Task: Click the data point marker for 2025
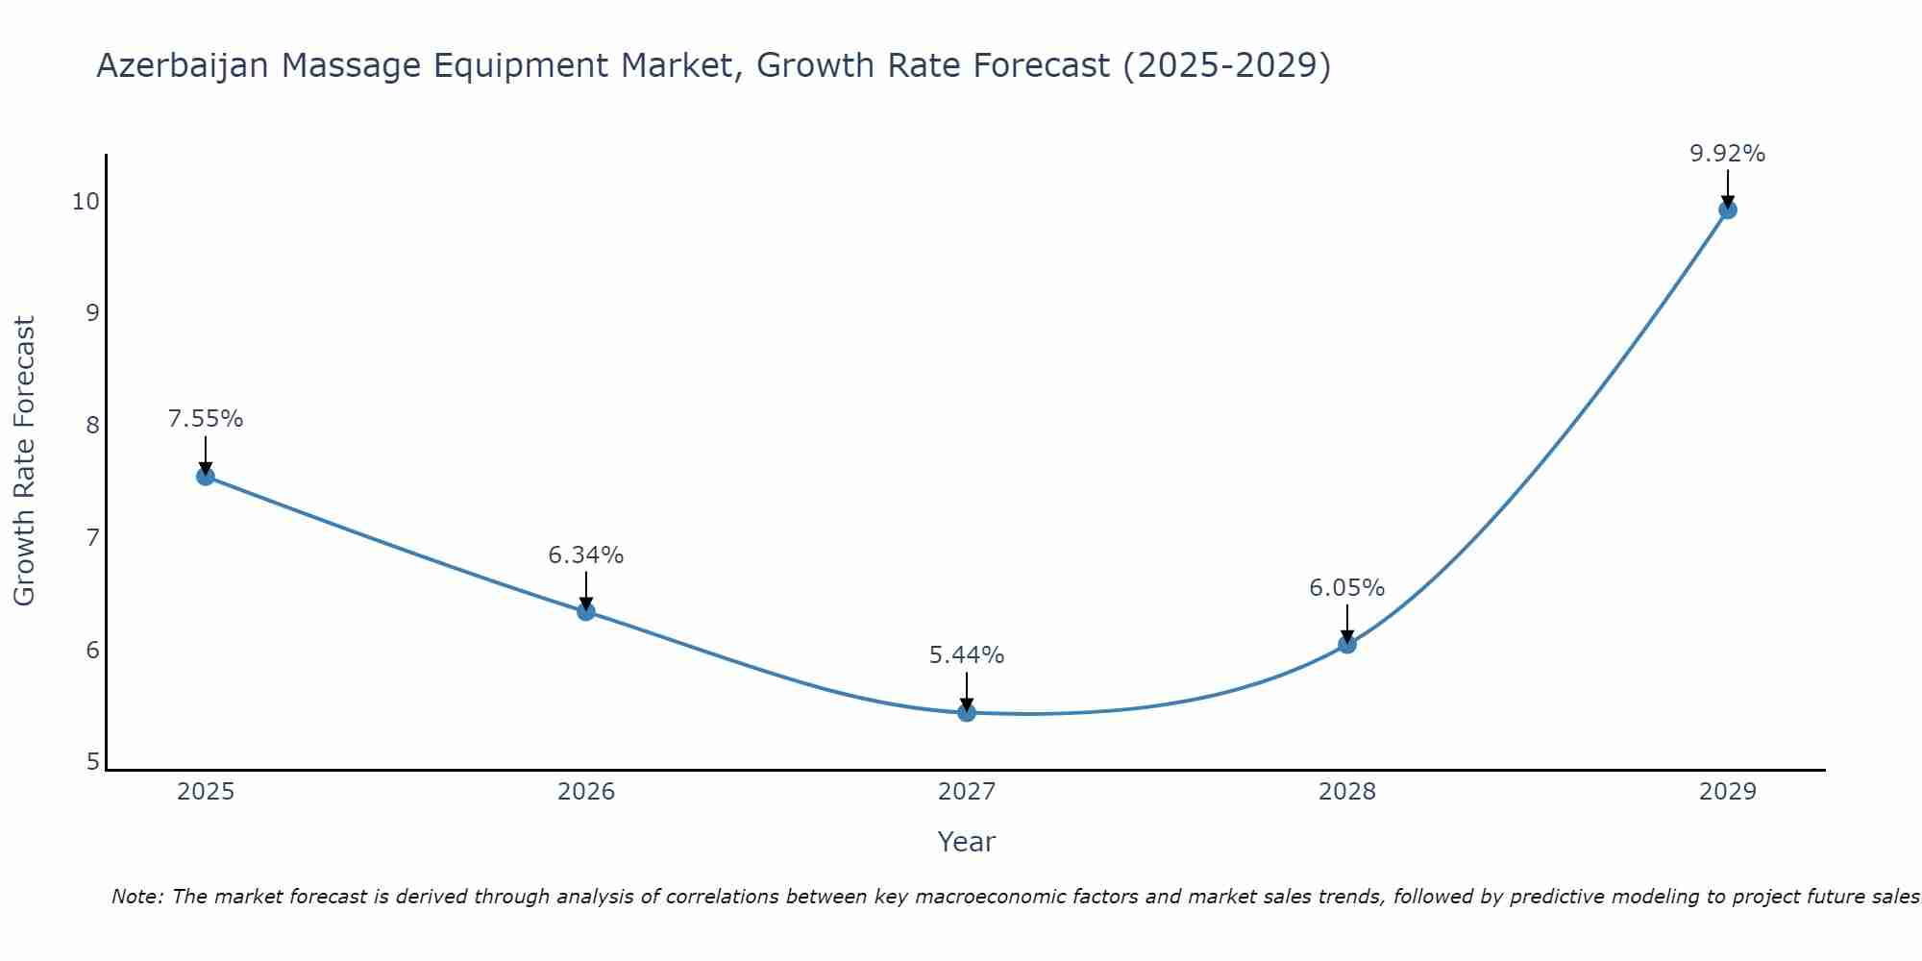[206, 476]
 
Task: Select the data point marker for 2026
[586, 611]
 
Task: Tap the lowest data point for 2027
[967, 712]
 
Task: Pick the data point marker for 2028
[1347, 644]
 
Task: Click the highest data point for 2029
[1727, 209]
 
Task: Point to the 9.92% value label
[1727, 154]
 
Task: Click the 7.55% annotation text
[206, 419]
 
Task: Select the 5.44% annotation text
[967, 655]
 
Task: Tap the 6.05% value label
[1347, 587]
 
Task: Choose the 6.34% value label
[586, 555]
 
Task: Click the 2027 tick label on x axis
[967, 792]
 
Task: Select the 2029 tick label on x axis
[1727, 792]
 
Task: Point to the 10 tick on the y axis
[86, 201]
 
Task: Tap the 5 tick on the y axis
[92, 762]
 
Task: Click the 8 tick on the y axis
[92, 425]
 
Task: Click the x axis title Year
[967, 842]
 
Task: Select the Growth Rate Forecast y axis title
[25, 461]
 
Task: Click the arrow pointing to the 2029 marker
[1727, 187]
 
